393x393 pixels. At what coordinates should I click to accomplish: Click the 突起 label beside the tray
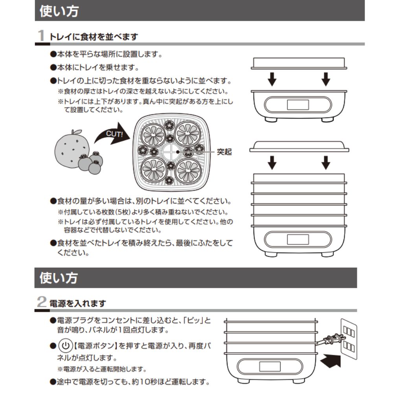(x=224, y=152)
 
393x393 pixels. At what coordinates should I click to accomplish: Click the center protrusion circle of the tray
(x=169, y=152)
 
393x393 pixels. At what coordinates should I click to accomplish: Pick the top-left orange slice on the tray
(x=154, y=134)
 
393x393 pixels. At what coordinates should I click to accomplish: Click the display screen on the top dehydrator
(x=298, y=105)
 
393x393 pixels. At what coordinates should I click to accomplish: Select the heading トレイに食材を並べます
(x=94, y=37)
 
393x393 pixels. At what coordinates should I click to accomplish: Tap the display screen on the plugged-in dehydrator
(x=269, y=367)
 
